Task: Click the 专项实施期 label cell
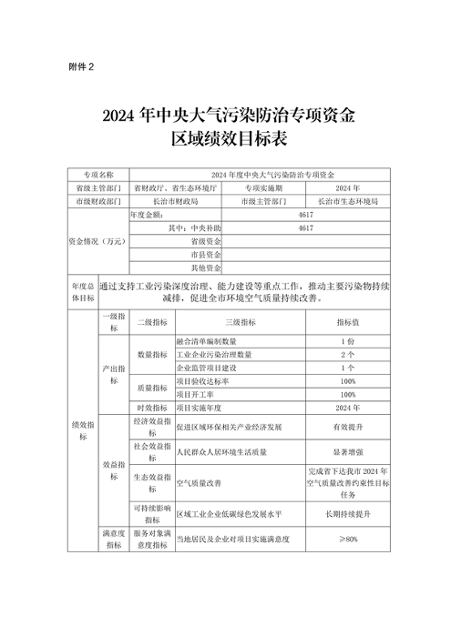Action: (x=264, y=186)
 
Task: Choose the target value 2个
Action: (x=347, y=353)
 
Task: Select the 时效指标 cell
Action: (x=151, y=409)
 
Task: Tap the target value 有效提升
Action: (x=347, y=426)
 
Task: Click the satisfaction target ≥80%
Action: (x=347, y=540)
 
